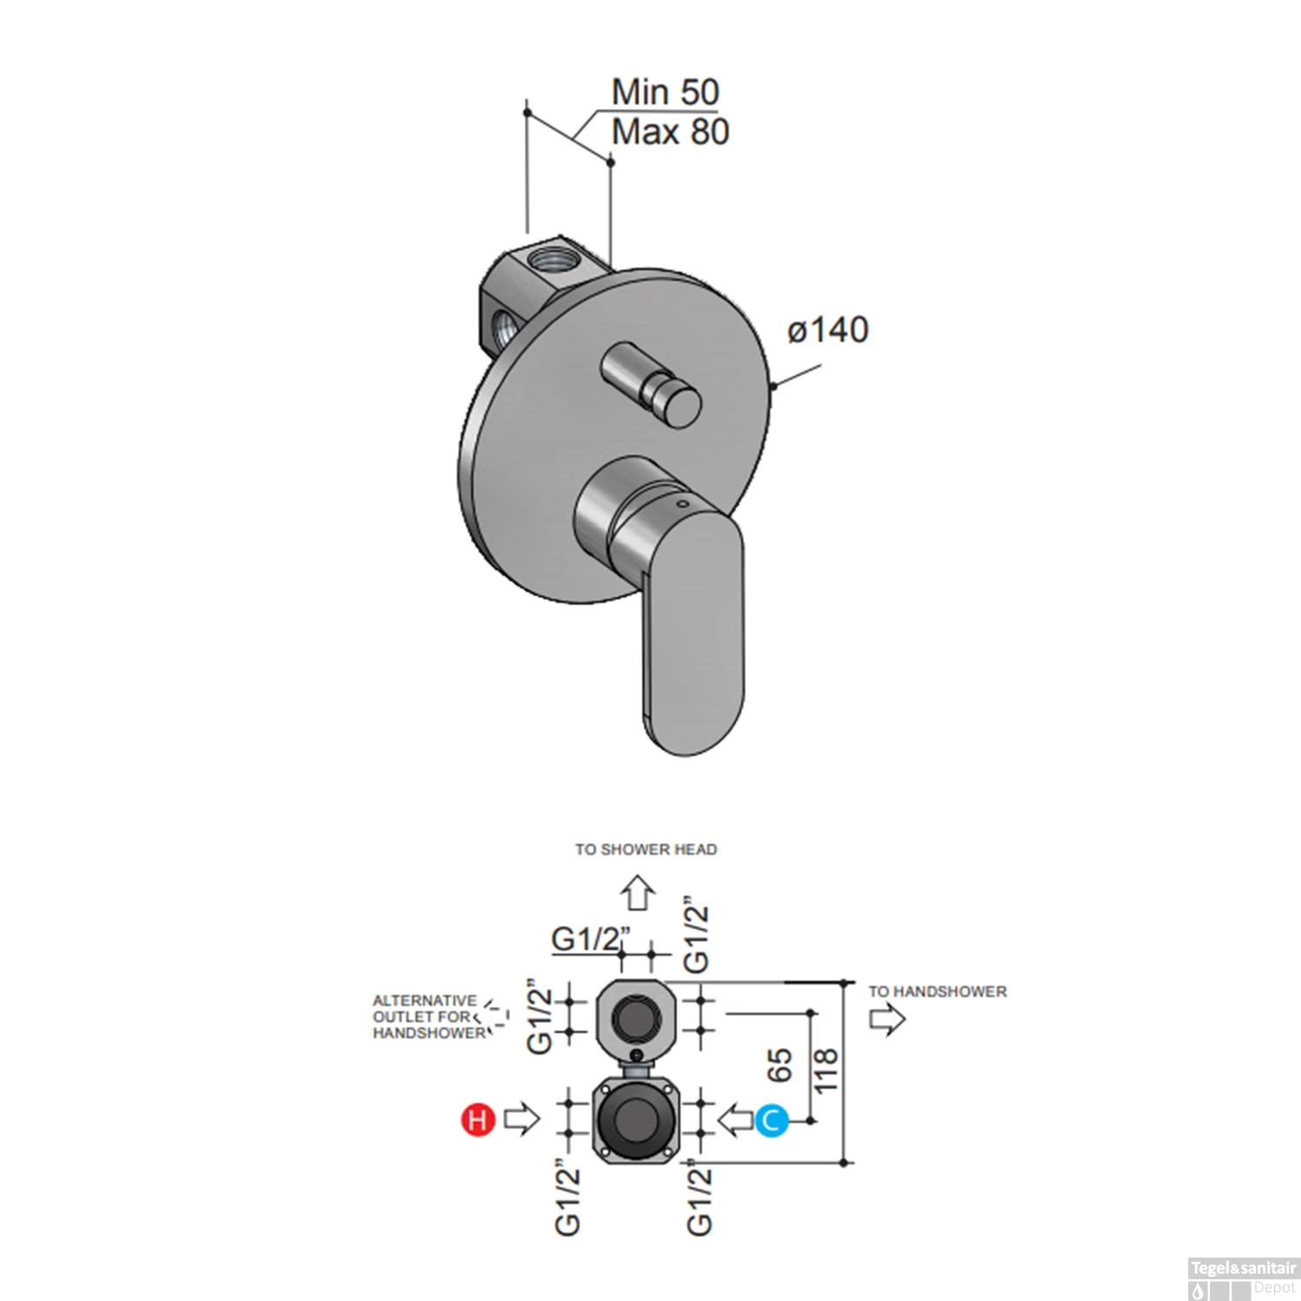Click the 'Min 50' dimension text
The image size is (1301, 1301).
click(665, 92)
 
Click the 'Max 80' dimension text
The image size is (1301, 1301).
click(670, 133)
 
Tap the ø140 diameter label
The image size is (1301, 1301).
click(827, 330)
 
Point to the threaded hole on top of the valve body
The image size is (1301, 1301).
click(549, 257)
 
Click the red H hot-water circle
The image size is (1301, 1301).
click(477, 1120)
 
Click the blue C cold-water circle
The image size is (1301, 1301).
click(770, 1121)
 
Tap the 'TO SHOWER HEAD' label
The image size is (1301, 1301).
click(646, 850)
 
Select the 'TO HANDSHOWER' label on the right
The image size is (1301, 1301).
click(938, 991)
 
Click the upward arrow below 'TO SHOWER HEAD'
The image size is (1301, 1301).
click(639, 892)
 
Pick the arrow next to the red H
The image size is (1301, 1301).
click(521, 1119)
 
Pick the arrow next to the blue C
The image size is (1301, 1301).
click(736, 1120)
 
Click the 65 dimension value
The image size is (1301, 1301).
click(781, 1064)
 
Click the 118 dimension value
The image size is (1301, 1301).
click(827, 1070)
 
